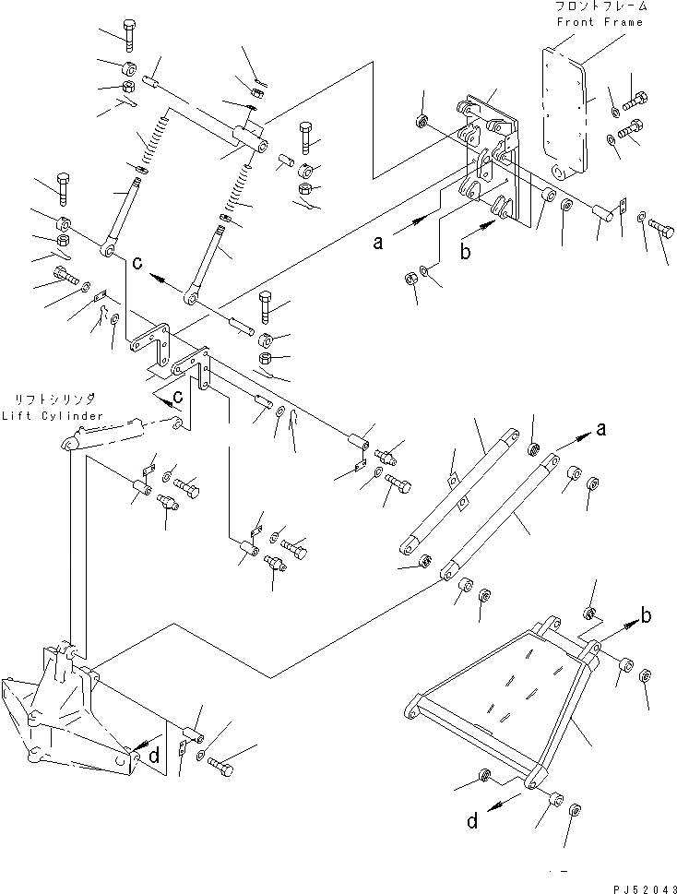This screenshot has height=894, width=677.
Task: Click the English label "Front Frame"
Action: (599, 22)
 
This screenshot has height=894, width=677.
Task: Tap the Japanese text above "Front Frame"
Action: (599, 7)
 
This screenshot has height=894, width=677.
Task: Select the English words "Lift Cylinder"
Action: (52, 417)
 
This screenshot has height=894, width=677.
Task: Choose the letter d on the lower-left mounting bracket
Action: (154, 756)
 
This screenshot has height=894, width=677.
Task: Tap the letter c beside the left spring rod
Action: (137, 263)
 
